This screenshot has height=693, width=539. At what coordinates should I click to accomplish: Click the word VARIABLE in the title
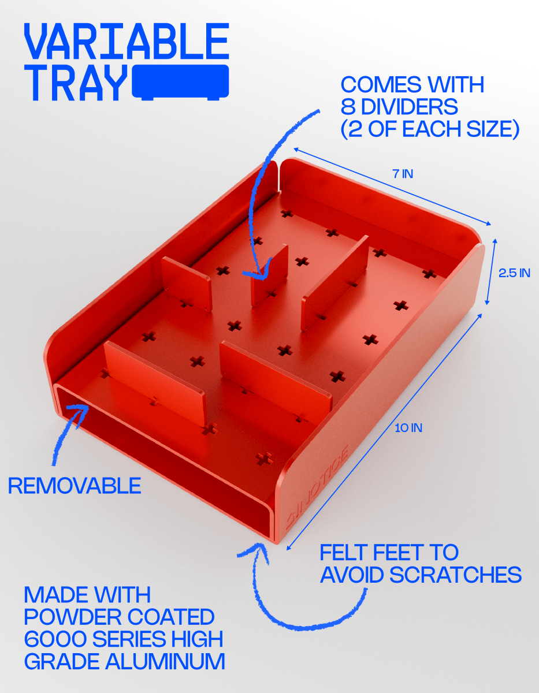[127, 41]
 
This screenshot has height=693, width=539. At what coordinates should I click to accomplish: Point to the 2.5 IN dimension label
[514, 273]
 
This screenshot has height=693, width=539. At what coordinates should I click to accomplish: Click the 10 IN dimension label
[408, 428]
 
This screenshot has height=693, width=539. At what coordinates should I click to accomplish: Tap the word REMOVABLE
[75, 486]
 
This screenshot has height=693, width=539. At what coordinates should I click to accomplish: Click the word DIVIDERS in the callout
[408, 106]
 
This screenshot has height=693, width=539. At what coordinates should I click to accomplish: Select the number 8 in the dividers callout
[348, 106]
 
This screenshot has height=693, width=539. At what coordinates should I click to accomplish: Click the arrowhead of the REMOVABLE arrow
[81, 410]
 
